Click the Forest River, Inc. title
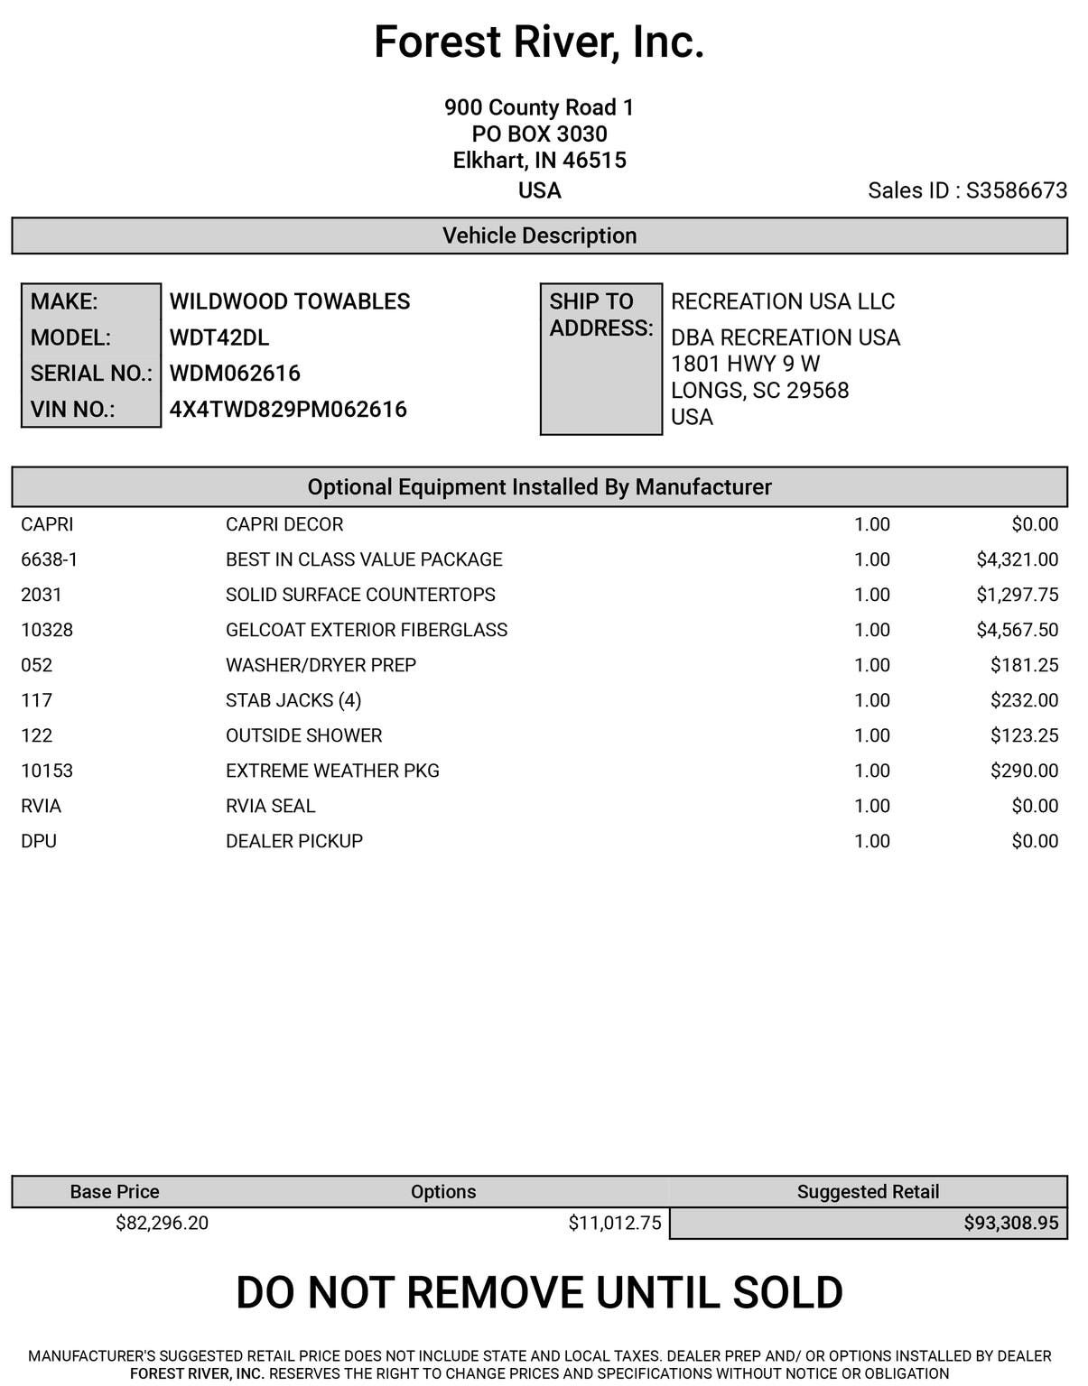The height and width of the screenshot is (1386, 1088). click(539, 42)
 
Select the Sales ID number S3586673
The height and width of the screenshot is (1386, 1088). click(1016, 190)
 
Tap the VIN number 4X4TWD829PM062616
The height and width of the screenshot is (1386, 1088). click(288, 410)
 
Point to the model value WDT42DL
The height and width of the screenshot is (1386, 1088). click(219, 337)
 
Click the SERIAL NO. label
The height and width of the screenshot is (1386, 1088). click(91, 374)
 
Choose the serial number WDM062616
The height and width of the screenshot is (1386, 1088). click(235, 374)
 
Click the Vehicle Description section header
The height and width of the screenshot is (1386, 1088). click(539, 236)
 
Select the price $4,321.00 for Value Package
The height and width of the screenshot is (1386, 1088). click(1017, 559)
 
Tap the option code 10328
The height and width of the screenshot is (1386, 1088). click(47, 630)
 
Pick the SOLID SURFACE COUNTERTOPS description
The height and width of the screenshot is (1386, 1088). click(360, 595)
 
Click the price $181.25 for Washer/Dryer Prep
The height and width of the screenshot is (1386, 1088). click(1024, 665)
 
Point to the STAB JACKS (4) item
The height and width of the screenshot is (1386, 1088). click(293, 700)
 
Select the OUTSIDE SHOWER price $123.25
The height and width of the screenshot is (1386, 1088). click(1024, 735)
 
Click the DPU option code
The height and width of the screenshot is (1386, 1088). click(39, 841)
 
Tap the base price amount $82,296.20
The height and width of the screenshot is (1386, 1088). click(162, 1223)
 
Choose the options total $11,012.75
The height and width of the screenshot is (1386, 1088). click(614, 1223)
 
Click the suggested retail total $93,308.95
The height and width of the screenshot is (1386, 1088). click(1010, 1223)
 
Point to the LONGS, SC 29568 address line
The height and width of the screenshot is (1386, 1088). click(759, 391)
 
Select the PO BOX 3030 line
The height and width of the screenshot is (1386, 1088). click(539, 134)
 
